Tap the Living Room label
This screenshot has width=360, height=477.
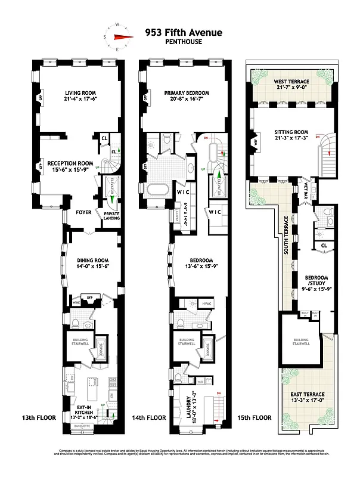80,96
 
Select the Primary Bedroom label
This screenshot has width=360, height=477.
184,96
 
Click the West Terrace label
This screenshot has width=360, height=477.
291,85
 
